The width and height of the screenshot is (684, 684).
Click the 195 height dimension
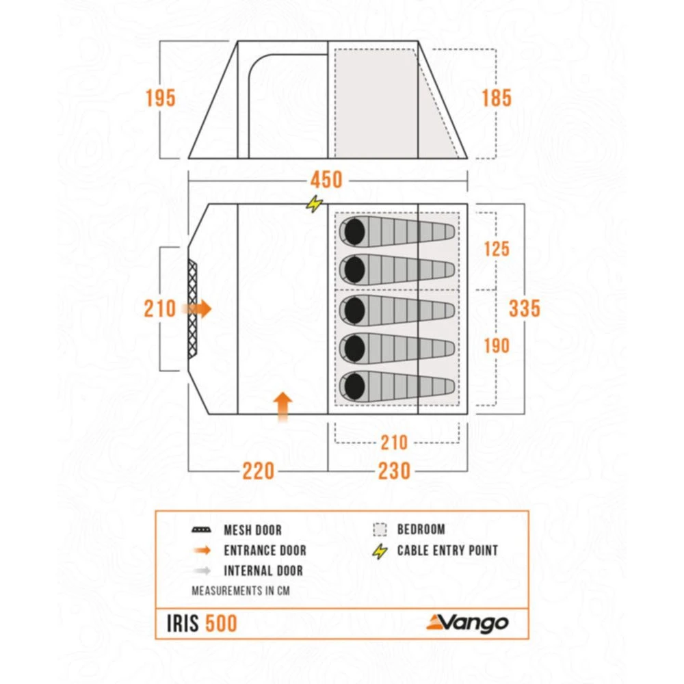click(160, 98)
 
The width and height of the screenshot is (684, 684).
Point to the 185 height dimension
click(496, 98)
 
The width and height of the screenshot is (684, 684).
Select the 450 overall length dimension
click(326, 180)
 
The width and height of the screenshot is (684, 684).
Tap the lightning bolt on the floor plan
click(314, 203)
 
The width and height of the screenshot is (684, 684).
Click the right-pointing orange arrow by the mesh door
click(200, 309)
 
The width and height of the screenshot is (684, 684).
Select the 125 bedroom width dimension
click(496, 248)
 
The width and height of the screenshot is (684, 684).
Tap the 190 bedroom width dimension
click(496, 346)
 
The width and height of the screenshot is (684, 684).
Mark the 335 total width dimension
click(525, 308)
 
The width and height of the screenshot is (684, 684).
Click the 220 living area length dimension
click(257, 471)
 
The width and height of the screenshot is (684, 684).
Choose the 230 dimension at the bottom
click(393, 471)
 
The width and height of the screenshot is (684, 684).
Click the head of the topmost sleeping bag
click(354, 232)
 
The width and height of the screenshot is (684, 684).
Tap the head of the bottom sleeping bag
click(354, 387)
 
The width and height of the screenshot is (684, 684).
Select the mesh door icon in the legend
click(203, 530)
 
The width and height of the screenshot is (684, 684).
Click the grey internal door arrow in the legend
click(203, 570)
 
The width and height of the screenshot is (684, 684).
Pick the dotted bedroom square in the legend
click(380, 529)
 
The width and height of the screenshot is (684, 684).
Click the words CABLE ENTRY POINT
click(447, 550)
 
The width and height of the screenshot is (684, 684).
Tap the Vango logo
click(468, 622)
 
